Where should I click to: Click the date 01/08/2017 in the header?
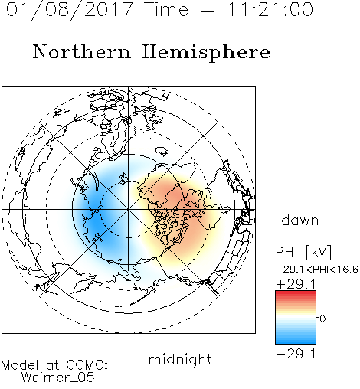click(69, 10)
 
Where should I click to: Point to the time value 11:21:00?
click(270, 10)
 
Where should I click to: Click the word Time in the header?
click(166, 10)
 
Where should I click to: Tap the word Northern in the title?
click(81, 51)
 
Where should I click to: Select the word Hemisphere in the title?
click(206, 53)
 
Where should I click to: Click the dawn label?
click(300, 221)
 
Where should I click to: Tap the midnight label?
click(180, 359)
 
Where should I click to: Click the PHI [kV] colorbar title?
click(303, 252)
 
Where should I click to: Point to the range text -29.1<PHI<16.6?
click(317, 270)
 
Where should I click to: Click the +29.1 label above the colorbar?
click(296, 284)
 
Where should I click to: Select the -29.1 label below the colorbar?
click(296, 354)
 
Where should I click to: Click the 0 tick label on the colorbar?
click(322, 319)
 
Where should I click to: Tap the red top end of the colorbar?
click(296, 293)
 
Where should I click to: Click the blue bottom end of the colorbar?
click(296, 342)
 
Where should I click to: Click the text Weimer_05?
click(58, 378)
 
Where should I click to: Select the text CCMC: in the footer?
click(87, 365)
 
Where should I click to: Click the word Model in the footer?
click(20, 365)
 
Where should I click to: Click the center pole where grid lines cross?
click(129, 210)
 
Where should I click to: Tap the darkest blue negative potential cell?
click(95, 220)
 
